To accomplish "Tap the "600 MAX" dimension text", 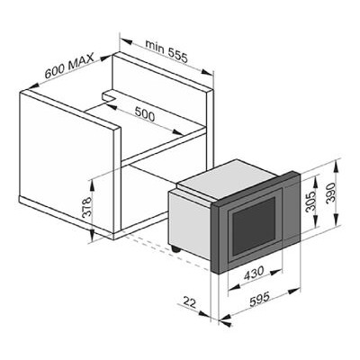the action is [69, 66].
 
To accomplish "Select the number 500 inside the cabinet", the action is [145, 114].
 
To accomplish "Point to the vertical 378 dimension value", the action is [86, 207].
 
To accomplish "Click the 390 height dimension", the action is [330, 193].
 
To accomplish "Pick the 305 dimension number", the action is [310, 202].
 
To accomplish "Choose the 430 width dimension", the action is [254, 273].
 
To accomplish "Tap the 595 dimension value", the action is [260, 299].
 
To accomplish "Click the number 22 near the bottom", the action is [189, 302].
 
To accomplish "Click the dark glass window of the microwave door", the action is [254, 226].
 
